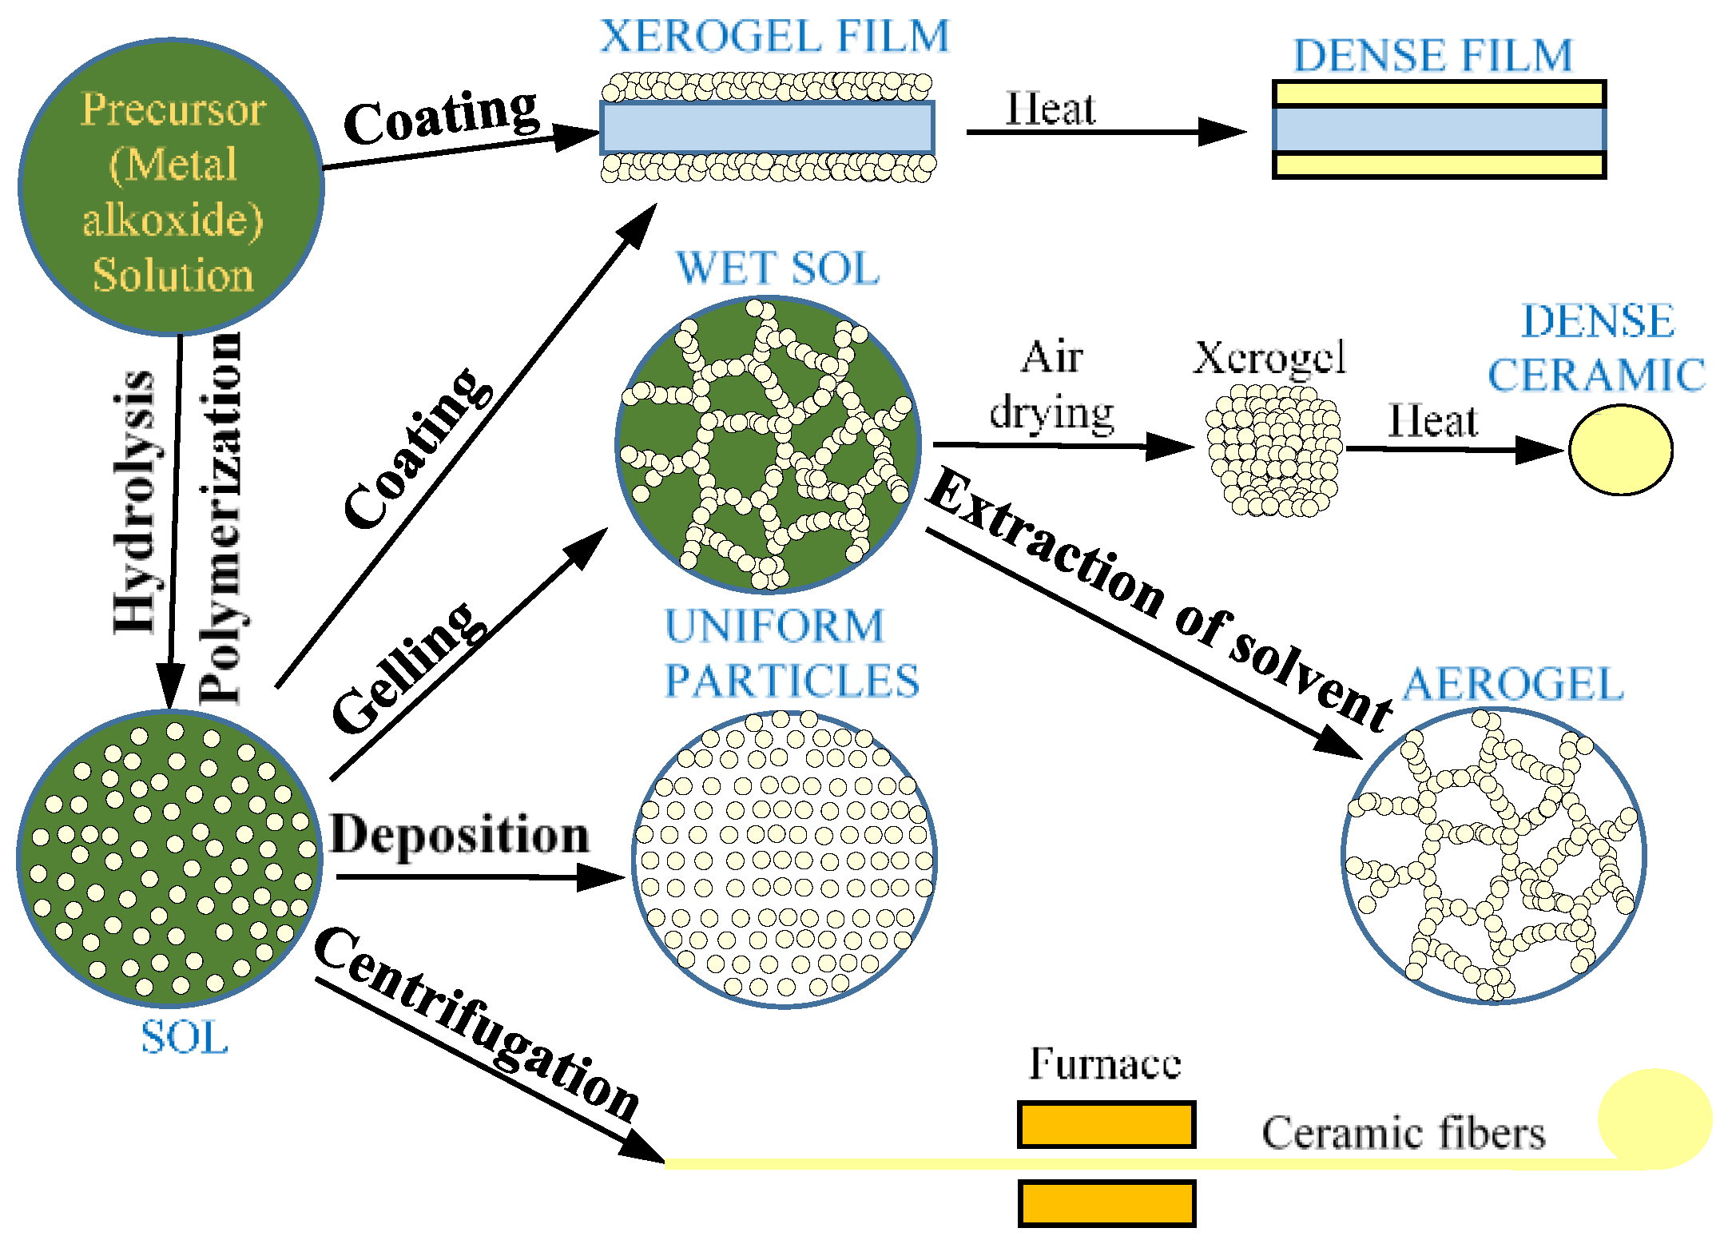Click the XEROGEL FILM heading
pyautogui.click(x=774, y=37)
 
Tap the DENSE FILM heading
pyautogui.click(x=1432, y=56)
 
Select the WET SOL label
pyautogui.click(x=777, y=268)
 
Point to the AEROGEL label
pyautogui.click(x=1513, y=685)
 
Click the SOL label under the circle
pyautogui.click(x=185, y=1038)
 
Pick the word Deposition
pyautogui.click(x=459, y=835)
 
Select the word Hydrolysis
pyautogui.click(x=133, y=502)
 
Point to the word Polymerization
pyautogui.click(x=220, y=518)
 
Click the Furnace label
pyautogui.click(x=1105, y=1063)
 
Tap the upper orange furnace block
pyautogui.click(x=1106, y=1124)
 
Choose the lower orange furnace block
pyautogui.click(x=1106, y=1202)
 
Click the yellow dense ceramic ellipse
pyautogui.click(x=1620, y=450)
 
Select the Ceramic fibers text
pyautogui.click(x=1404, y=1133)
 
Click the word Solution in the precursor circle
pyautogui.click(x=173, y=275)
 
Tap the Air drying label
pyautogui.click(x=1052, y=385)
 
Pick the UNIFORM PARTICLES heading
pyautogui.click(x=791, y=653)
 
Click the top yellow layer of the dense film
pyautogui.click(x=1439, y=93)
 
